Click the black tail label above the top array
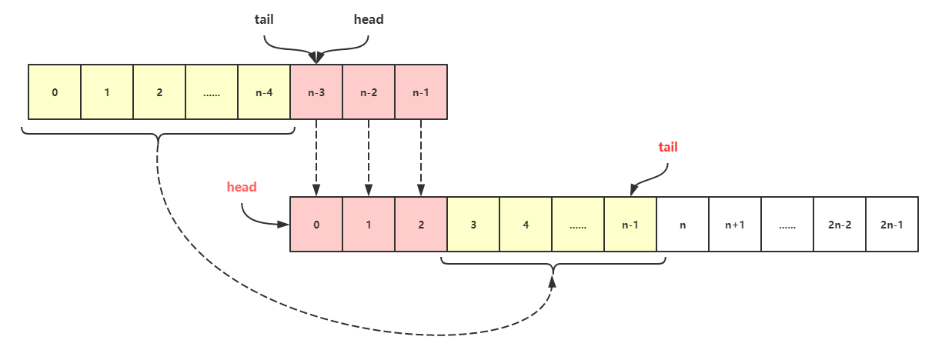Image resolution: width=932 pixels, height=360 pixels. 264,19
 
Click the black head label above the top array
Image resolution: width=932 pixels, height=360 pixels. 369,19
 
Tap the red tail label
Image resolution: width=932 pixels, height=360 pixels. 668,147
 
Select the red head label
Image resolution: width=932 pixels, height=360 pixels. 242,187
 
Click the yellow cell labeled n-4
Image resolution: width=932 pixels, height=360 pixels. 264,92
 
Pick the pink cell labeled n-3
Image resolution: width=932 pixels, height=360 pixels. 316,92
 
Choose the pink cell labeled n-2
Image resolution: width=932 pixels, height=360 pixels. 369,92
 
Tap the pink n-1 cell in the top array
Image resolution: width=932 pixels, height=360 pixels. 421,92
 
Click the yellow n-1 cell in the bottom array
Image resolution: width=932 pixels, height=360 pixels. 630,225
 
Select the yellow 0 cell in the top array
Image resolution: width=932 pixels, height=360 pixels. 55,92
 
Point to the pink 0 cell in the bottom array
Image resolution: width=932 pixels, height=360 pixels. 316,225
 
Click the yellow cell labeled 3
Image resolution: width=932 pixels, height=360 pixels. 473,225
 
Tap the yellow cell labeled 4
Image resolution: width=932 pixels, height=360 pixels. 526,225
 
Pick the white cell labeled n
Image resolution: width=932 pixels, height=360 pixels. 683,225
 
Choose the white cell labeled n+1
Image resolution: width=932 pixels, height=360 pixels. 735,225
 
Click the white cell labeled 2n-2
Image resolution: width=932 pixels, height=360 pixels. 840,225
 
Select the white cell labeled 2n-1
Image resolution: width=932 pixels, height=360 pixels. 892,225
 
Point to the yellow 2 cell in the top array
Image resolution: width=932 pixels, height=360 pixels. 159,92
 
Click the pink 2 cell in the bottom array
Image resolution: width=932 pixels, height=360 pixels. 421,225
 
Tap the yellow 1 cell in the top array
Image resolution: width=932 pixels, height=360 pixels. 107,92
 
